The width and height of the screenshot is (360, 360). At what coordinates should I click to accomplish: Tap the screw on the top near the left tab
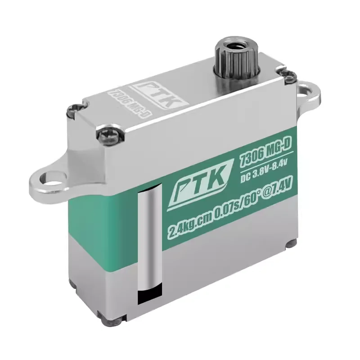click(x=73, y=109)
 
